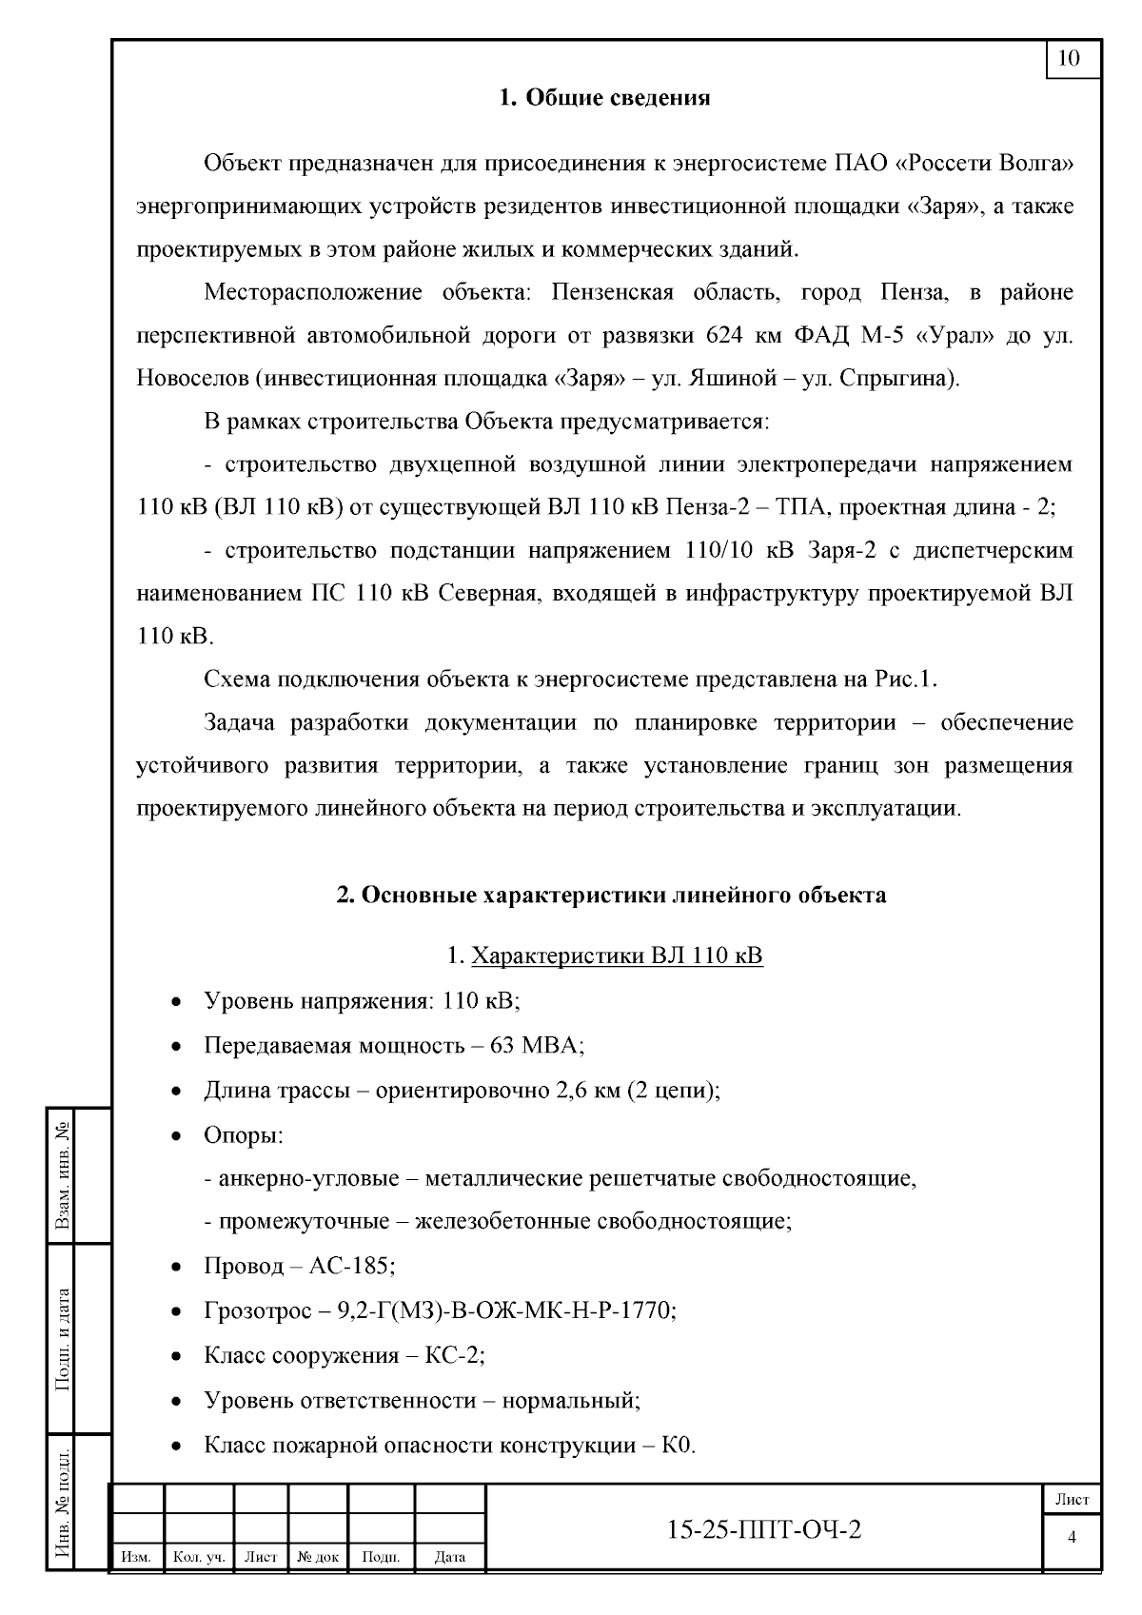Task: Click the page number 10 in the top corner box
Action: click(1070, 59)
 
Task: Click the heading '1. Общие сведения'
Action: click(605, 98)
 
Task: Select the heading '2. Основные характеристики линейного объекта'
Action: click(611, 896)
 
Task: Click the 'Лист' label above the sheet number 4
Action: click(1073, 1500)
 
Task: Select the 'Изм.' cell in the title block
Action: click(137, 1558)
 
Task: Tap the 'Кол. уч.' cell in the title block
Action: click(199, 1558)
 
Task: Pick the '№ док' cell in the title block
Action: click(318, 1558)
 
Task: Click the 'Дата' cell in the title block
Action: click(449, 1558)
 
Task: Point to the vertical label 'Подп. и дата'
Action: click(65, 1339)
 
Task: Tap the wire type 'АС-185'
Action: click(352, 1267)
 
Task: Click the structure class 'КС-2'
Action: click(455, 1355)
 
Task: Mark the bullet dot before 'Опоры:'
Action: click(176, 1136)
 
